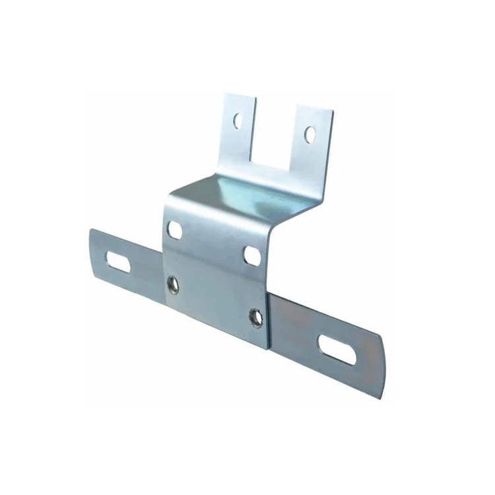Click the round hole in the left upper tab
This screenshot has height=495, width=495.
236,121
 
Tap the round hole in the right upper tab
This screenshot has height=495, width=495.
310,135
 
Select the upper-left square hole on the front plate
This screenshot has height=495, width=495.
175,230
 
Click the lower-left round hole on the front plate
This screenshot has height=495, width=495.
172,284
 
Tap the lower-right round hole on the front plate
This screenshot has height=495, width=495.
255,317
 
